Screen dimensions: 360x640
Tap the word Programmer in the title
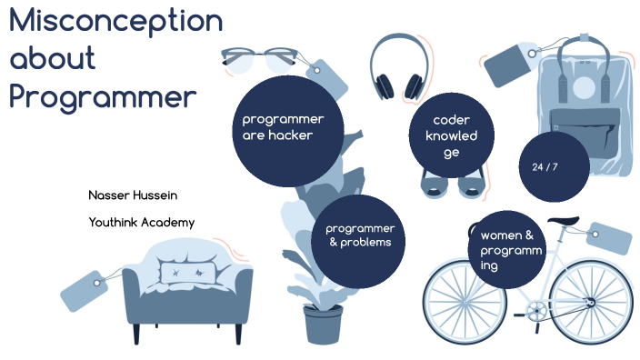point(103,97)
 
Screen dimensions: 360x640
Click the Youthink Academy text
point(141,222)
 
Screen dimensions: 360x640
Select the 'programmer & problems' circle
point(359,236)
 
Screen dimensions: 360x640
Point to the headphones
point(398,67)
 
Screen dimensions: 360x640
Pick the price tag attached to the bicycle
point(609,239)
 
